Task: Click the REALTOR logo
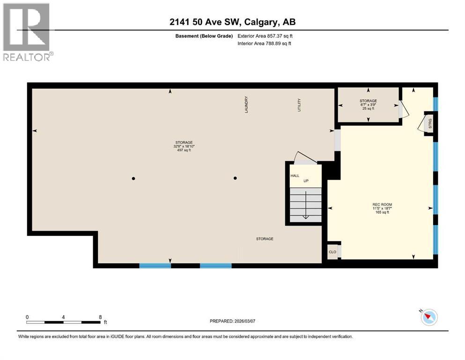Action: tap(27, 32)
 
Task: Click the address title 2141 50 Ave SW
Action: tap(232, 22)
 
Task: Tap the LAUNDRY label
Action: tap(246, 105)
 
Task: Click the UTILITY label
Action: tap(298, 105)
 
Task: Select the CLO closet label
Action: tap(332, 252)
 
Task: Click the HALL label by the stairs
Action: tap(295, 175)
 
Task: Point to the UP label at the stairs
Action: tap(305, 181)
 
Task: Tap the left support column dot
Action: tap(133, 178)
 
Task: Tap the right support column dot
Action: tap(236, 178)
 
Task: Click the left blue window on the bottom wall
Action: tap(155, 265)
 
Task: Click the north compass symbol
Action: tap(428, 317)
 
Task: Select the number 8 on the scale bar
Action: tap(100, 317)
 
